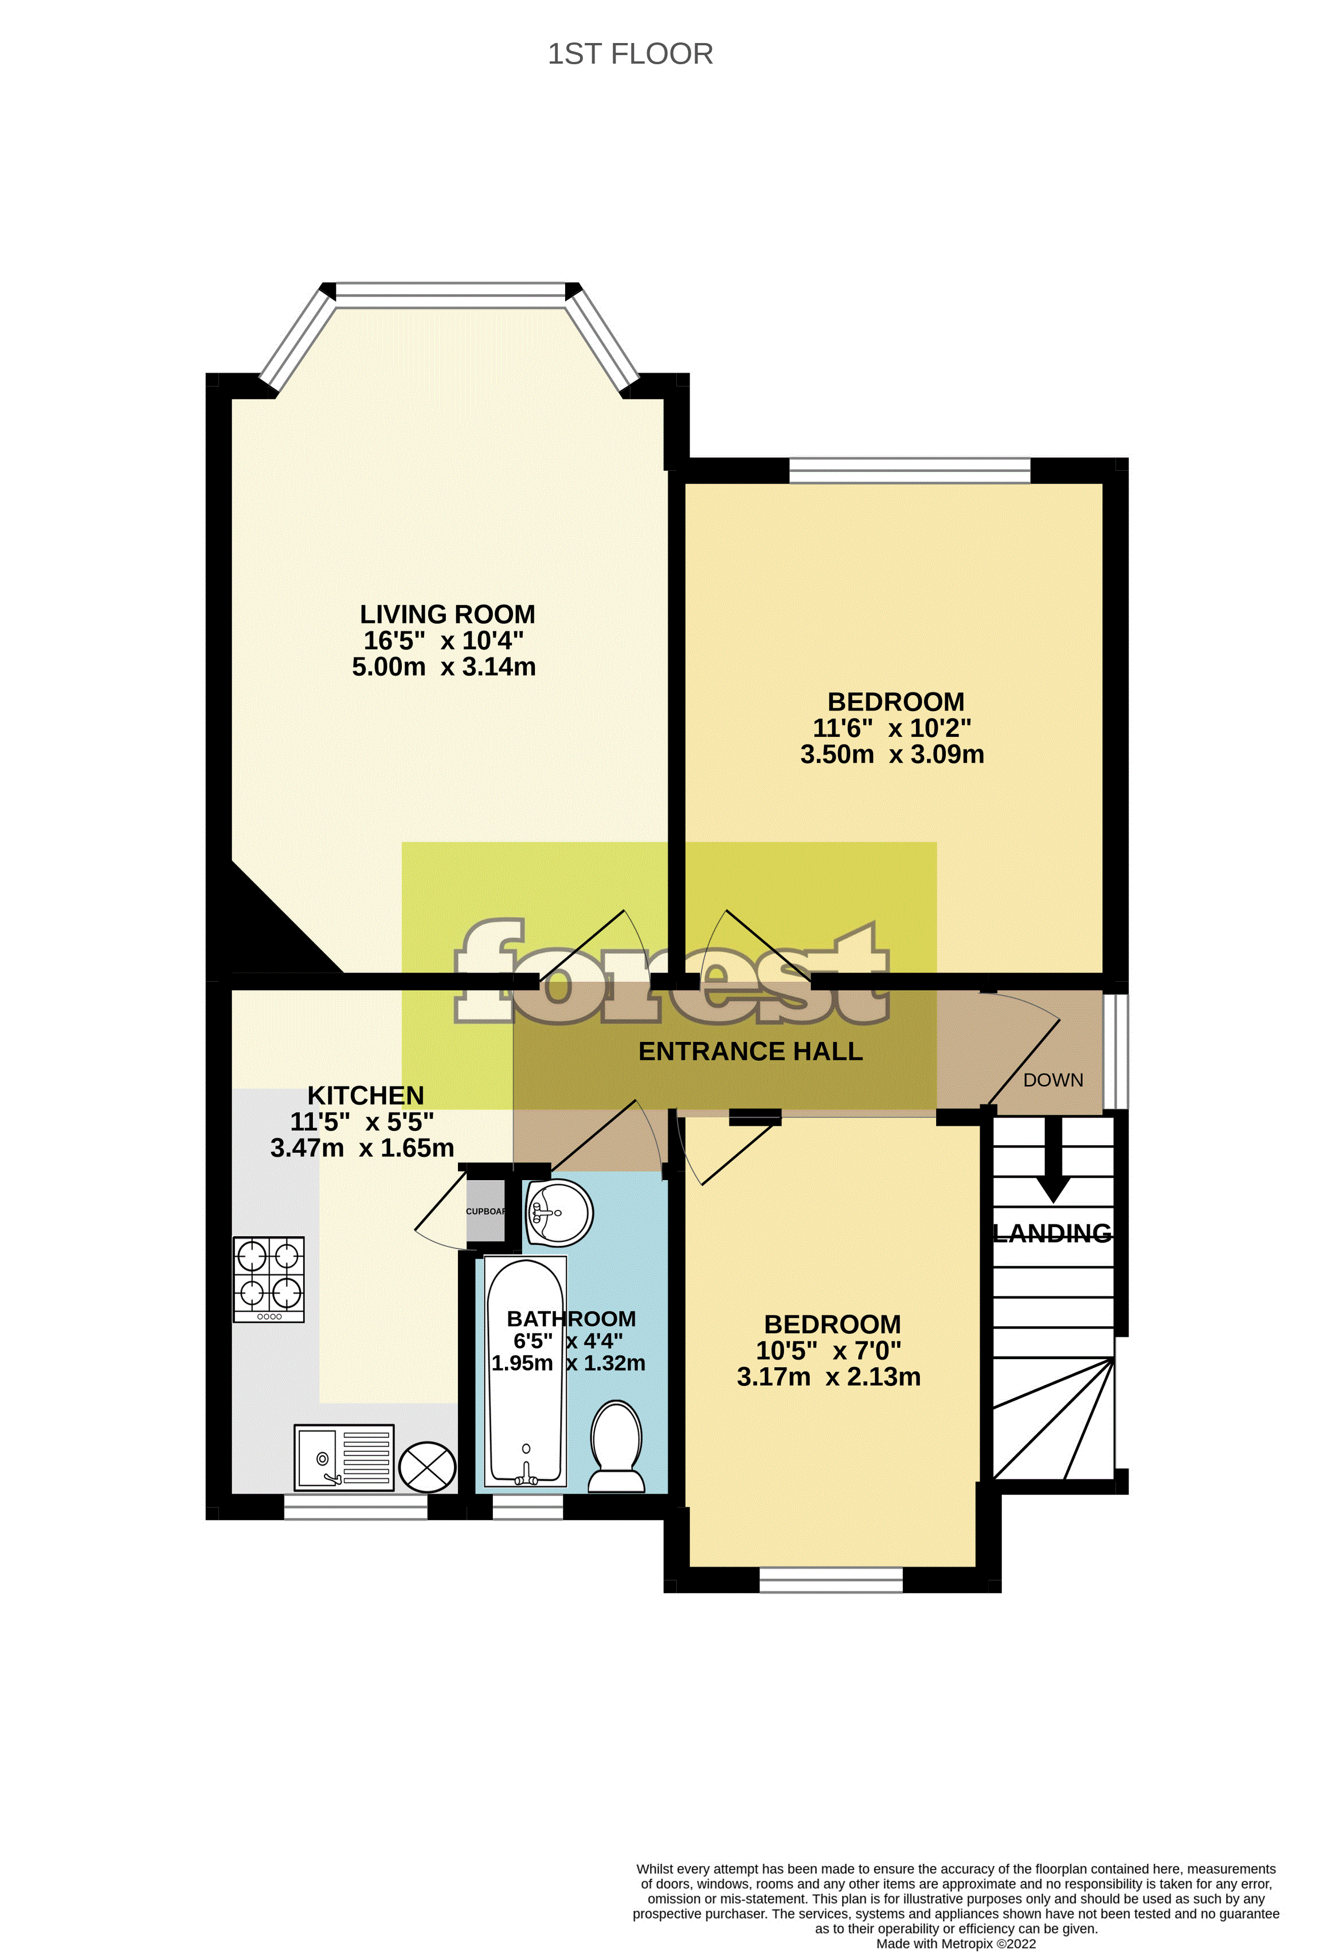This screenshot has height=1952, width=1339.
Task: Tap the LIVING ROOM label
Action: pos(448,614)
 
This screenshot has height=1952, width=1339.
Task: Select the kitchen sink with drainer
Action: pos(344,1457)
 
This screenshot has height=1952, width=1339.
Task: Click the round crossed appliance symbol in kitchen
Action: pos(426,1466)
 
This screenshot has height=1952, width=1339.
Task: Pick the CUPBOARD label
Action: pos(486,1211)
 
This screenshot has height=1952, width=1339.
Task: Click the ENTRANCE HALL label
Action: pos(750,1052)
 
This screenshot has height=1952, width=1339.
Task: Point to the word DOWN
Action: pos(1053,1080)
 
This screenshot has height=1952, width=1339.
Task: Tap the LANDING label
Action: pos(1053,1233)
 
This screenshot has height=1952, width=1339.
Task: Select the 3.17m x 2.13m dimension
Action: pos(829,1377)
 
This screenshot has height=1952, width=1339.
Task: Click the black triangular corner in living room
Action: pos(269,932)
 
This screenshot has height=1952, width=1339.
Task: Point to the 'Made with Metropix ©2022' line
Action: pos(956,1943)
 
